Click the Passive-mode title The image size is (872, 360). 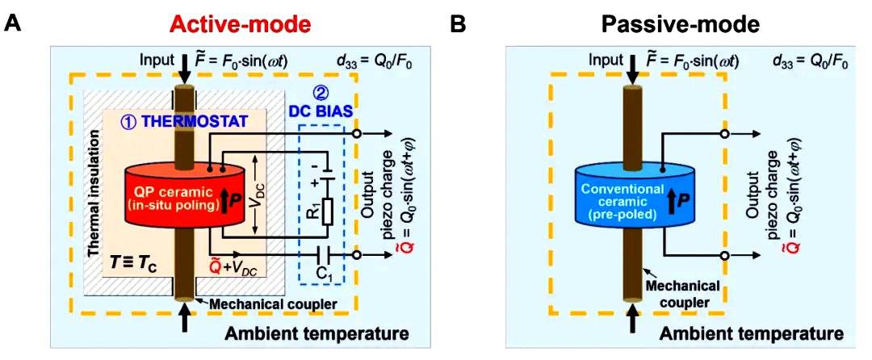(x=680, y=24)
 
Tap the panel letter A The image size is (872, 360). (x=14, y=24)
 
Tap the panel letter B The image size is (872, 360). (x=458, y=24)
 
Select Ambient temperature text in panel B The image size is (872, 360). (x=753, y=333)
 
